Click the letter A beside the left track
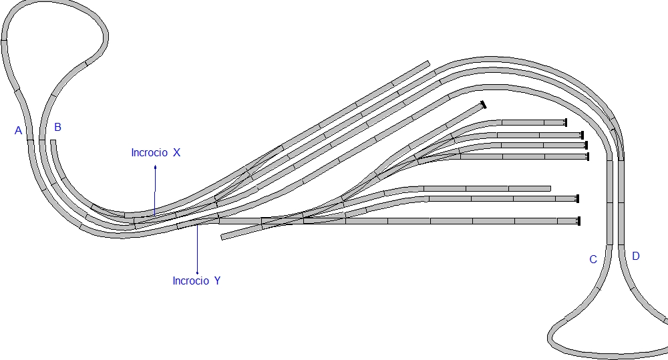point(18,131)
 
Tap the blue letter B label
point(58,127)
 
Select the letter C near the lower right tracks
point(593,259)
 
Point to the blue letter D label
point(636,256)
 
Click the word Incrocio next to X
point(149,152)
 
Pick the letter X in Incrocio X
point(176,152)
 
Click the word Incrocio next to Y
point(190,281)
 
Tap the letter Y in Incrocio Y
point(217,281)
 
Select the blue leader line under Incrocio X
point(155,190)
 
